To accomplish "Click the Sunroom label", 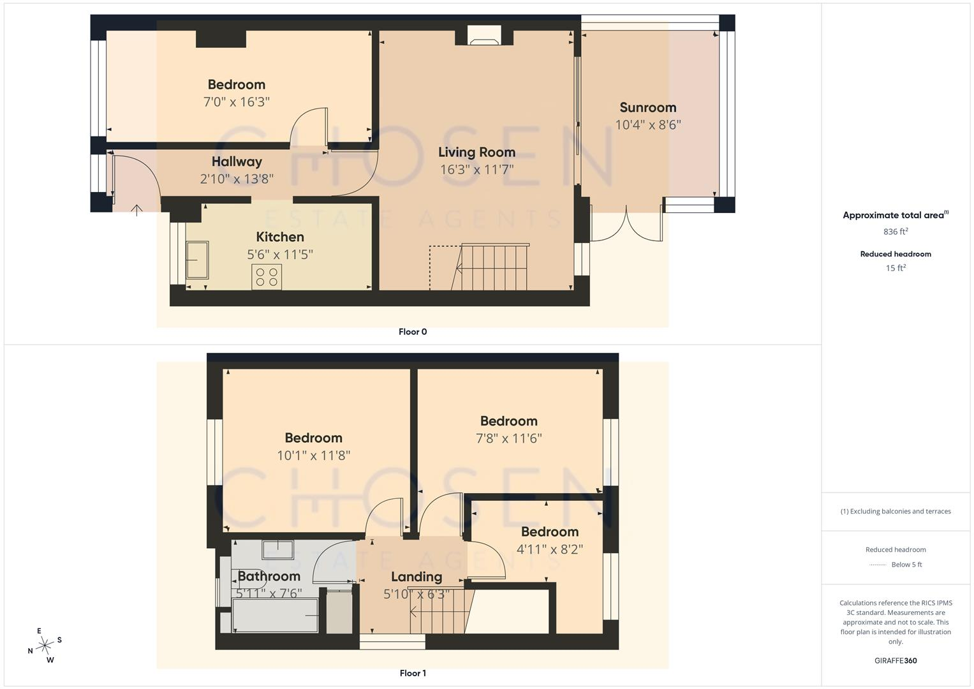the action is pyautogui.click(x=647, y=107).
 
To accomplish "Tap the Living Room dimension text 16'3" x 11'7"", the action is pyautogui.click(x=476, y=169).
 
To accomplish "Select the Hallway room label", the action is pyautogui.click(x=237, y=162).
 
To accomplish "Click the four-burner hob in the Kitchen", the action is pyautogui.click(x=267, y=277).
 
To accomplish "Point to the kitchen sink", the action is pyautogui.click(x=197, y=260).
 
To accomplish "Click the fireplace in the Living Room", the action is pyautogui.click(x=484, y=36).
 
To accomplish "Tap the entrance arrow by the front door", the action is pyautogui.click(x=137, y=210).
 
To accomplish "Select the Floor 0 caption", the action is pyautogui.click(x=413, y=332).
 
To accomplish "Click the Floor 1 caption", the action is pyautogui.click(x=413, y=673).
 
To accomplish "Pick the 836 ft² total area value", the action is pyautogui.click(x=896, y=232).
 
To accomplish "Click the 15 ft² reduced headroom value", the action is pyautogui.click(x=896, y=268).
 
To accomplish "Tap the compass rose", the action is pyautogui.click(x=45, y=646).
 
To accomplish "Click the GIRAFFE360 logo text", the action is pyautogui.click(x=896, y=661).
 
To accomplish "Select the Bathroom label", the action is pyautogui.click(x=269, y=576).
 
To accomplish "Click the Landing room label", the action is pyautogui.click(x=416, y=577).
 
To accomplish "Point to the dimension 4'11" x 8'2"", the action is pyautogui.click(x=550, y=549).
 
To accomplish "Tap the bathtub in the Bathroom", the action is pyautogui.click(x=276, y=616).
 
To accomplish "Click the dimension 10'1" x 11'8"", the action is pyautogui.click(x=314, y=456).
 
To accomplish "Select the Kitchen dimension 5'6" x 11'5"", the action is pyautogui.click(x=280, y=255).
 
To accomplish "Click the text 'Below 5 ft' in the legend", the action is pyautogui.click(x=906, y=565).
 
